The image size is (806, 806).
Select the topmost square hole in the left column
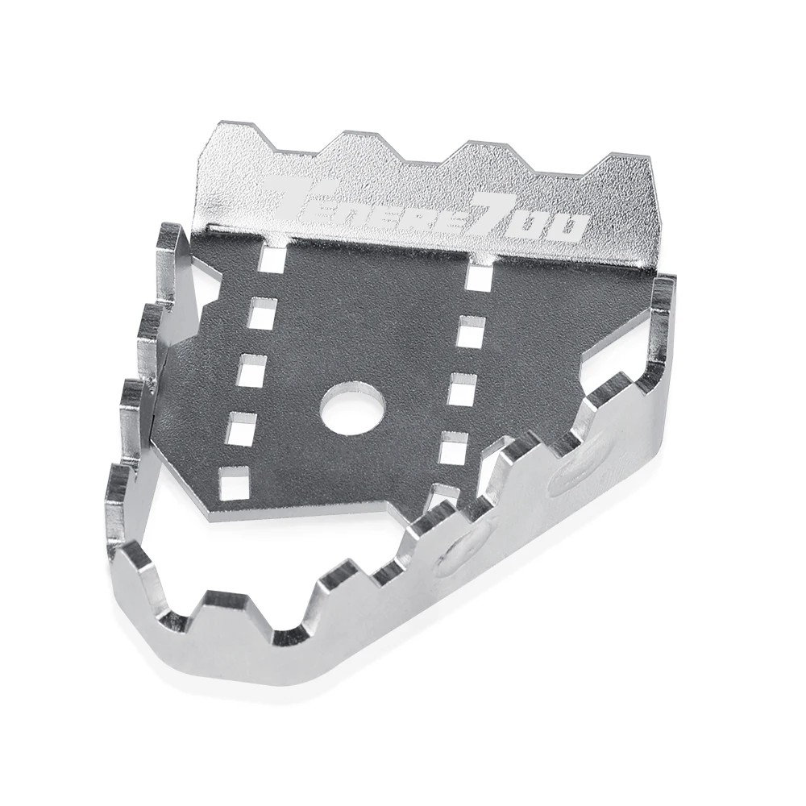[273, 259]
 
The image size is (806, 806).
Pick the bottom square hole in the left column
[234, 480]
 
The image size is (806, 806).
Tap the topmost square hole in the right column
[479, 277]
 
